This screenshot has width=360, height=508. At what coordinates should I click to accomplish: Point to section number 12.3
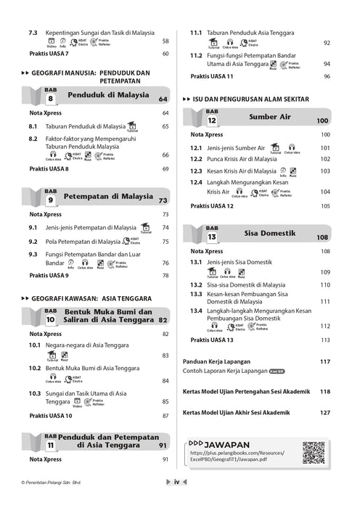click(x=195, y=171)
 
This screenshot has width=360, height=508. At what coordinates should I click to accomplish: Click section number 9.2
click(x=33, y=242)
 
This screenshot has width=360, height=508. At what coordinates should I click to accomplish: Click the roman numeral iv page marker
click(x=176, y=501)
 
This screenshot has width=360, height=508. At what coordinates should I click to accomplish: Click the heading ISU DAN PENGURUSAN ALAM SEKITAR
click(x=251, y=98)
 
